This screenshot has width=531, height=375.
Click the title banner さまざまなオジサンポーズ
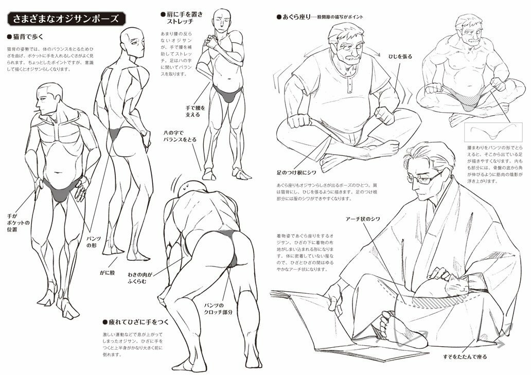66,19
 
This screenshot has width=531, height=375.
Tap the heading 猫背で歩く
28,37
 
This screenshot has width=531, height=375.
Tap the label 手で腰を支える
196,112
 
